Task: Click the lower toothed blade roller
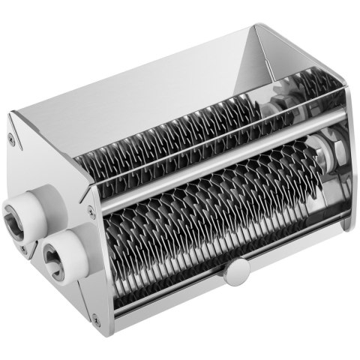[x=210, y=217]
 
